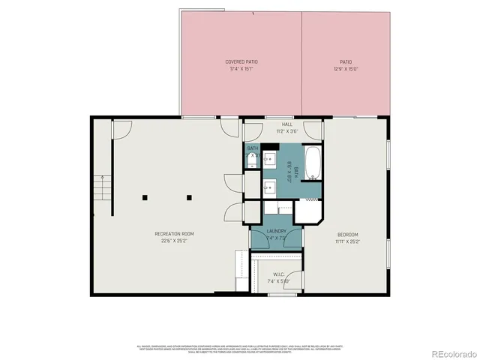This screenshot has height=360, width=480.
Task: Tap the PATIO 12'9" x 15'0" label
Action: tap(345, 61)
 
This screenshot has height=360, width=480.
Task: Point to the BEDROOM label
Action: tap(347, 234)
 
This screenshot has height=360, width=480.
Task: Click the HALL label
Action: tap(287, 124)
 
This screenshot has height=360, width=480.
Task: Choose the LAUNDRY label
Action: tap(276, 231)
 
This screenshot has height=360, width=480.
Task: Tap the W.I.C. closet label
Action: tap(277, 274)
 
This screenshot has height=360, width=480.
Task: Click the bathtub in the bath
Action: tap(312, 165)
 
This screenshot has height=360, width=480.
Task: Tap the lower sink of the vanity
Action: tap(268, 184)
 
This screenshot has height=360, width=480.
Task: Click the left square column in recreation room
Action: tap(146, 197)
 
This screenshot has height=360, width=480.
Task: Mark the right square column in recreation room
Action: tap(189, 197)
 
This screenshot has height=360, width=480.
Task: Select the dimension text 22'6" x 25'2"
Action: tap(170, 241)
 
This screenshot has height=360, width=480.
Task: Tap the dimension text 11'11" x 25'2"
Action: tap(347, 241)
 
